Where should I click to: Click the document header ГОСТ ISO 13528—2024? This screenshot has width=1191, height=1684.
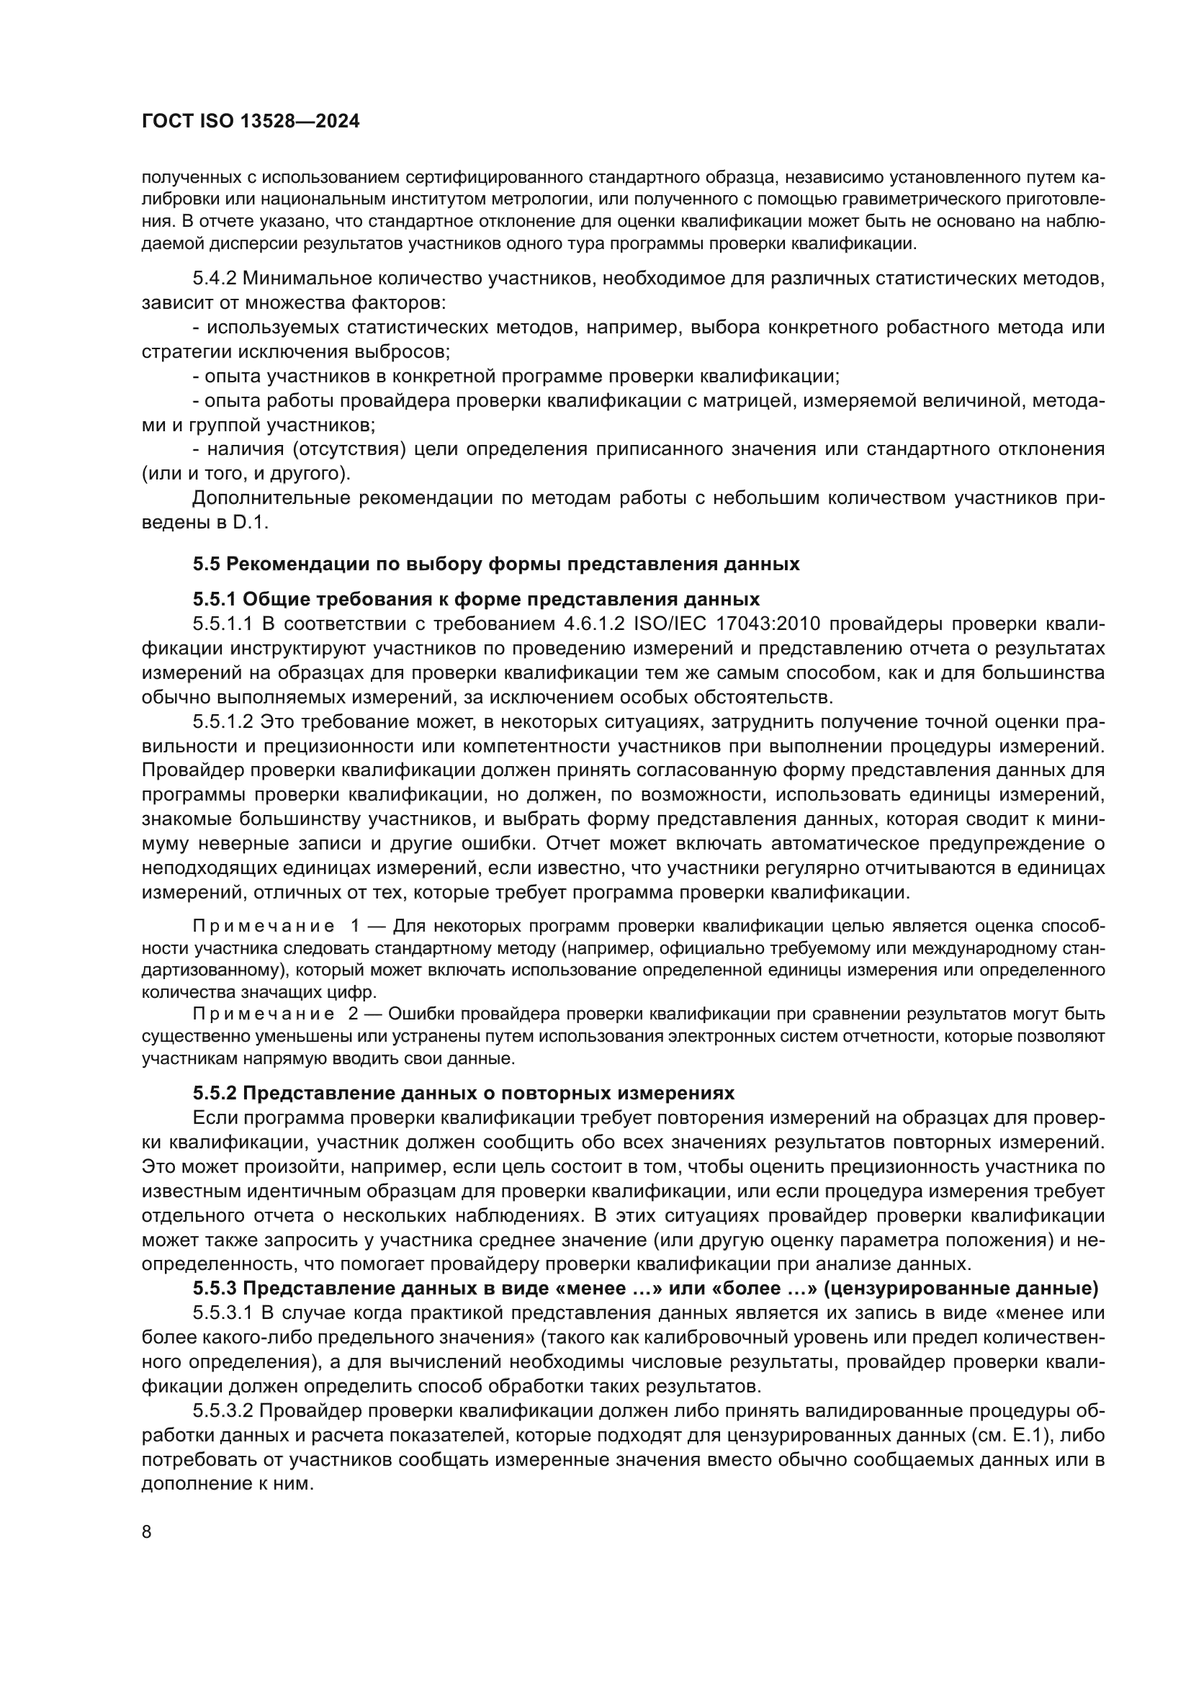coord(250,122)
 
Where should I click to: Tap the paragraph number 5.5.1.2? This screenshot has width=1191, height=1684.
coord(223,721)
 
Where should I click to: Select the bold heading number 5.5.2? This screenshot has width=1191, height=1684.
coord(214,1094)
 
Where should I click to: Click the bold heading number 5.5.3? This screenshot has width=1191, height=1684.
coord(214,1289)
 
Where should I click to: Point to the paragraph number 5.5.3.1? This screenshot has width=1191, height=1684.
coord(223,1313)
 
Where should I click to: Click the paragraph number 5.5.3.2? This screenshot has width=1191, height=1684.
coord(223,1411)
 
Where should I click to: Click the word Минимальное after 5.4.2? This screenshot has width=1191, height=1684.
coord(310,279)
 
